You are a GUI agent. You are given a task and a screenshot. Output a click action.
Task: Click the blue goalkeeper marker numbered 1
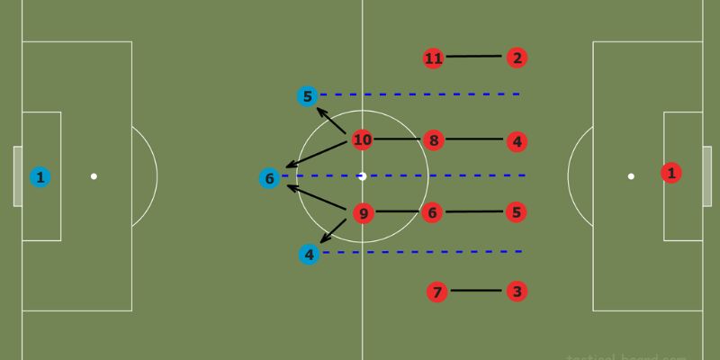[x=40, y=176]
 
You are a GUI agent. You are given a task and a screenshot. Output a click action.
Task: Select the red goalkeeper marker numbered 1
[x=671, y=173]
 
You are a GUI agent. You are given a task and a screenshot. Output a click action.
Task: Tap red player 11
[x=434, y=58]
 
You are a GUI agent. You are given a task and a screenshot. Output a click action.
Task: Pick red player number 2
[x=516, y=58]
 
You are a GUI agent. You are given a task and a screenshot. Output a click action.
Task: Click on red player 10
[x=362, y=139]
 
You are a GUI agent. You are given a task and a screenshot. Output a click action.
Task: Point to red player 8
[x=434, y=140]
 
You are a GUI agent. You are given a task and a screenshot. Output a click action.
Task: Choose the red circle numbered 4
[x=516, y=141]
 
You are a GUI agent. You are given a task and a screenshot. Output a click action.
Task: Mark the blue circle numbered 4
[x=310, y=255]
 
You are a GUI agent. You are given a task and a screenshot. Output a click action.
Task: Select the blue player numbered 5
[x=308, y=95]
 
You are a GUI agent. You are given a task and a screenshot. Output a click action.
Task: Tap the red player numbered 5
[x=516, y=213]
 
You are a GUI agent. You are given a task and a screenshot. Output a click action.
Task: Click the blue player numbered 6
[x=269, y=178]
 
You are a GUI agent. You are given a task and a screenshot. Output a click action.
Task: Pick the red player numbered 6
[x=433, y=213]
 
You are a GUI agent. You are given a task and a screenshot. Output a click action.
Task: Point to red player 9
[x=362, y=213]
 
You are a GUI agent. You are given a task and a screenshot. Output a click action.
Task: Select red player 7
[x=437, y=292]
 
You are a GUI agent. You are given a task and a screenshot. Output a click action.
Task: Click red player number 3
[x=516, y=292]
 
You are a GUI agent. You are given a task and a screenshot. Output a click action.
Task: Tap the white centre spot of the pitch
[x=362, y=176]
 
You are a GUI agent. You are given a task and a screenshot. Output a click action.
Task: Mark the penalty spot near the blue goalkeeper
[x=94, y=176]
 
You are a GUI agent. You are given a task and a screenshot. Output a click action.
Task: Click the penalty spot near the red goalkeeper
[x=631, y=176]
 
